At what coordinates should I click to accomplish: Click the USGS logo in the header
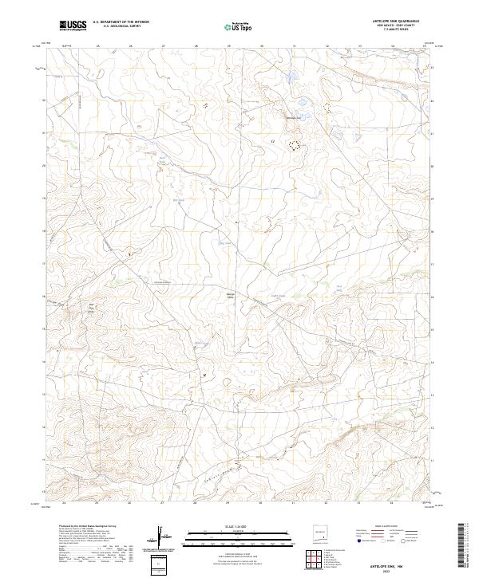(x=73, y=26)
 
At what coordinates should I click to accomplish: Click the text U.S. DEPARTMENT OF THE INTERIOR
(x=121, y=22)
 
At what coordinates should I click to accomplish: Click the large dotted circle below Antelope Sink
(x=295, y=145)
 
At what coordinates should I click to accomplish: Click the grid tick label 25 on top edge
(x=97, y=46)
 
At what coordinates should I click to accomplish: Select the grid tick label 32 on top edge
(x=327, y=46)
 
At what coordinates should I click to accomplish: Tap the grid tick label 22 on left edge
(x=43, y=100)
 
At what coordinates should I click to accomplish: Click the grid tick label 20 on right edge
(x=432, y=167)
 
